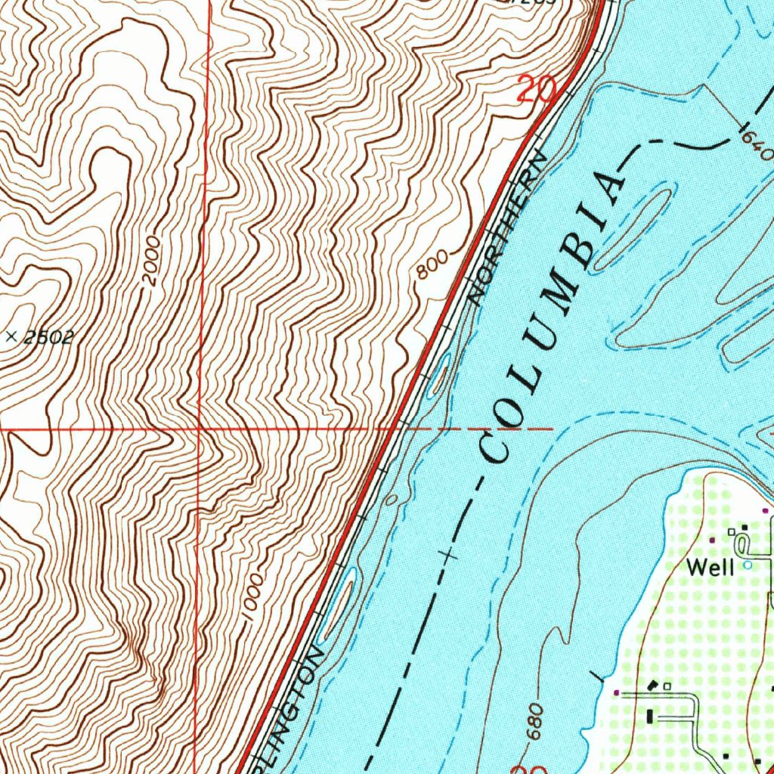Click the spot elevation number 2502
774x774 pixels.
(x=48, y=337)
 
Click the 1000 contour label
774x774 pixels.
(x=255, y=596)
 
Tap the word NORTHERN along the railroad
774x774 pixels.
(x=506, y=228)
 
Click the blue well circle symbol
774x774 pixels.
(x=748, y=565)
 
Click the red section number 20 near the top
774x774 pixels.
(x=537, y=91)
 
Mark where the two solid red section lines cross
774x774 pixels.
(x=200, y=429)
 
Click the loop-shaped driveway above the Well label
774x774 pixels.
(x=743, y=541)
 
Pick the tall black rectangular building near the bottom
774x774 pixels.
(x=649, y=715)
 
